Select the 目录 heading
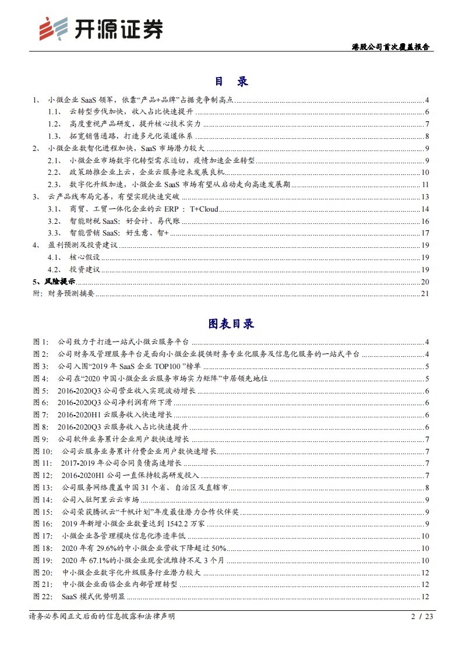click(x=231, y=82)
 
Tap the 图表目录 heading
click(x=231, y=324)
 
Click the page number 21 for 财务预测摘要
click(x=425, y=293)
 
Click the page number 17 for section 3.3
click(x=425, y=233)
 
